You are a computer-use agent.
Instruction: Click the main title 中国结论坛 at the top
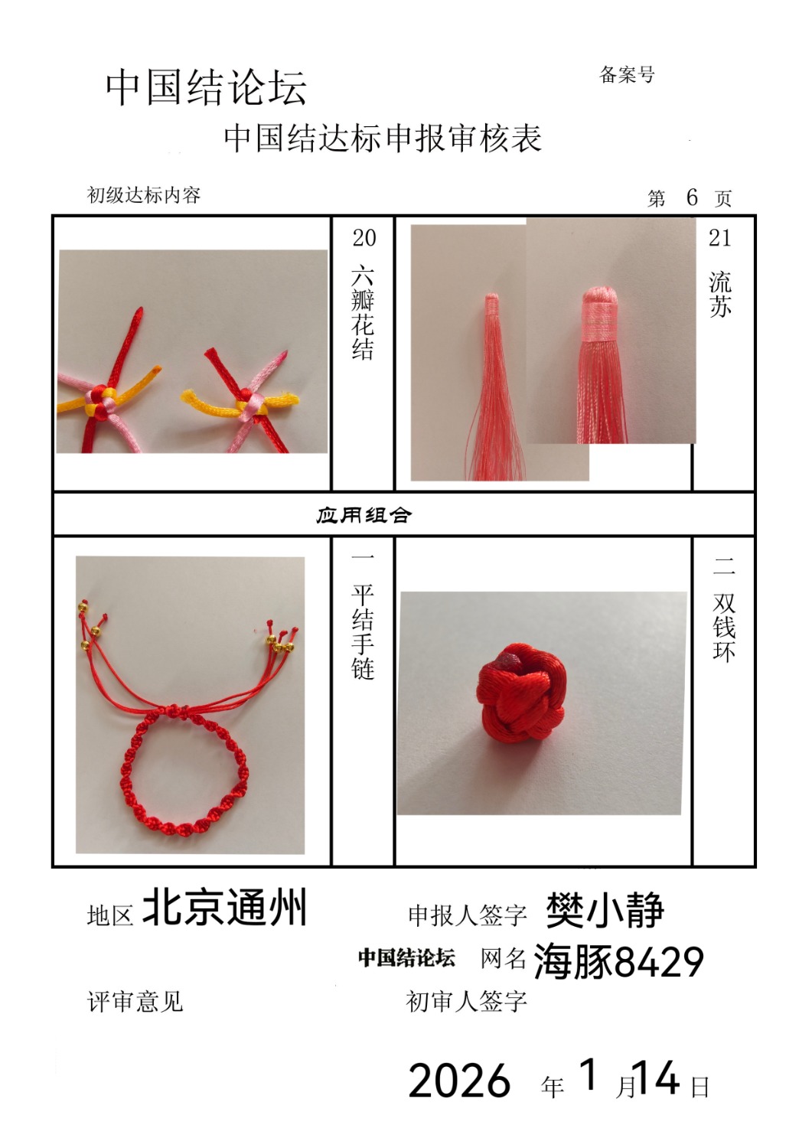[206, 88]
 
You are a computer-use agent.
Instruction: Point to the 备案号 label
[627, 75]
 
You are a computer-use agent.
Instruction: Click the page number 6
[692, 197]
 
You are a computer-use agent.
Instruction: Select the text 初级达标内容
[144, 195]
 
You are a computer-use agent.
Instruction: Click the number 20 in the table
[364, 238]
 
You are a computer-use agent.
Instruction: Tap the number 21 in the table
[719, 238]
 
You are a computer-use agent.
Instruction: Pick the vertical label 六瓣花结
[363, 313]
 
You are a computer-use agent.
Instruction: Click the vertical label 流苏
[720, 294]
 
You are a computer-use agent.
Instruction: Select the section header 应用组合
[364, 515]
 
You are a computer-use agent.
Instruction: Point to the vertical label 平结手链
[363, 632]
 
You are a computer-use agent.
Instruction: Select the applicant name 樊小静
[605, 910]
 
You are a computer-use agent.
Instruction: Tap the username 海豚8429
[618, 961]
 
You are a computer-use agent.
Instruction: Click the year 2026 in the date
[459, 1081]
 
